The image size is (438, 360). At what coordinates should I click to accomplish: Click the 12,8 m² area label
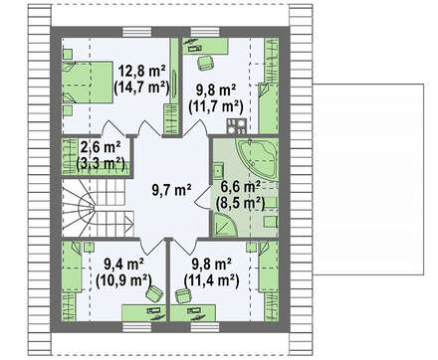tap(142, 72)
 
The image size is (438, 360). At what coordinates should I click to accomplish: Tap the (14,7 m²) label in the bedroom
tap(142, 88)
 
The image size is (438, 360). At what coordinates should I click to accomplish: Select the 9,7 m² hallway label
tap(171, 190)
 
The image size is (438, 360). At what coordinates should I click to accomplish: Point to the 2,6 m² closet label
tap(101, 147)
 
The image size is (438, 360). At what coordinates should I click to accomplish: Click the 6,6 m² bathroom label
tap(240, 187)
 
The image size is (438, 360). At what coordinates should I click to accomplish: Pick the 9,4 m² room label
tap(123, 265)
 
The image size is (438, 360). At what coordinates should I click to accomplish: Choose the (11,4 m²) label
tap(212, 280)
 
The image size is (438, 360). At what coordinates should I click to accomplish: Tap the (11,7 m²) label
tap(216, 106)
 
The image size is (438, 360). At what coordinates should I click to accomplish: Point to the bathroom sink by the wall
tap(218, 171)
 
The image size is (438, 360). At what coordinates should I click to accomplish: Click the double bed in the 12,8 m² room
tap(88, 83)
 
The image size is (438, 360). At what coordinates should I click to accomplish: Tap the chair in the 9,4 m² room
tap(154, 294)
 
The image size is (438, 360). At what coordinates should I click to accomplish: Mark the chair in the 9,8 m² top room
tap(204, 63)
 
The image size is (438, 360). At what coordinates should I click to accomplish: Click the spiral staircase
tap(98, 208)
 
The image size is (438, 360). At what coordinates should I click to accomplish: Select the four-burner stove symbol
tap(236, 127)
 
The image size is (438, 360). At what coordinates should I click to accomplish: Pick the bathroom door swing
tap(202, 198)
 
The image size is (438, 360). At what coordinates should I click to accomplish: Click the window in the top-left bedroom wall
tap(137, 32)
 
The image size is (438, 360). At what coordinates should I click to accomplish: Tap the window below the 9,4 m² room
tap(137, 327)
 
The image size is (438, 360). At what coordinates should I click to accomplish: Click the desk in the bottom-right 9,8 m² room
tap(193, 313)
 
